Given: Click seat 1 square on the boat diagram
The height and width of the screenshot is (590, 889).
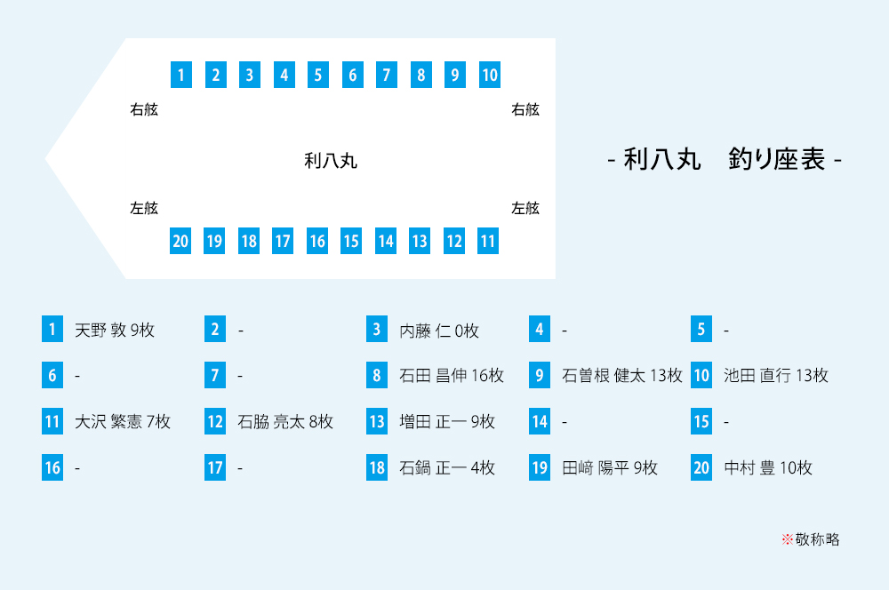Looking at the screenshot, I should [180, 75].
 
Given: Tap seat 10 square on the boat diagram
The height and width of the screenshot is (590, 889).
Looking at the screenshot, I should [489, 75].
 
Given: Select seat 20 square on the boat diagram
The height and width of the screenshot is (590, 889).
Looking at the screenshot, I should [180, 241].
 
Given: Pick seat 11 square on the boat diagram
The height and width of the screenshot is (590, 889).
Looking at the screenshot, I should [488, 241].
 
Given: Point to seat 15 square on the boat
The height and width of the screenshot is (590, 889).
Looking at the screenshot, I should [351, 241].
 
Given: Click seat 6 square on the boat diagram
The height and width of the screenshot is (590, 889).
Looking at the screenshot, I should [352, 75].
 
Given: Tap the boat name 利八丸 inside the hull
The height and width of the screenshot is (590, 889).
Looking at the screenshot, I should [331, 161].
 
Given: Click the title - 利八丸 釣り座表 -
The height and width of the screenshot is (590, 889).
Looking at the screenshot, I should [724, 160].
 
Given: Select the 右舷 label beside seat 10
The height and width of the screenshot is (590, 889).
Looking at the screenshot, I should [525, 110].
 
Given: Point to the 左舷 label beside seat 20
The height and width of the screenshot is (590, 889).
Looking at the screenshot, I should [144, 209].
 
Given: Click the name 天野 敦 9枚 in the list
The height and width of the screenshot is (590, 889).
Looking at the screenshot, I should [115, 331].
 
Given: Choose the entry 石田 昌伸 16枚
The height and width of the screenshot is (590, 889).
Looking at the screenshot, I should [452, 376].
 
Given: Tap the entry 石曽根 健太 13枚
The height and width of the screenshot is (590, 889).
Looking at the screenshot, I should [621, 376].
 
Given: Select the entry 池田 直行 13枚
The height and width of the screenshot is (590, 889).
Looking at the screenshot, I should [776, 376].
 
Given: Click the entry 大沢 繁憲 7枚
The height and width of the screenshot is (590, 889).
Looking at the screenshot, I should [123, 421].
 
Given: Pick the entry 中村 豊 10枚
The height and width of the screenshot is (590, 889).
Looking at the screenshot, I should [768, 467].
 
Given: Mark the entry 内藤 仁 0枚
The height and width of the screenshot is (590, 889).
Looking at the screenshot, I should [439, 331].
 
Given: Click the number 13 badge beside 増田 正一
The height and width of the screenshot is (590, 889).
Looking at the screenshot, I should [377, 421].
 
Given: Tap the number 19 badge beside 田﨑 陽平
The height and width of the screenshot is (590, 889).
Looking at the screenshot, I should [540, 467].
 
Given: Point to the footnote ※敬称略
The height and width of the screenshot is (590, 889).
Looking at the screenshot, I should [810, 538].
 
